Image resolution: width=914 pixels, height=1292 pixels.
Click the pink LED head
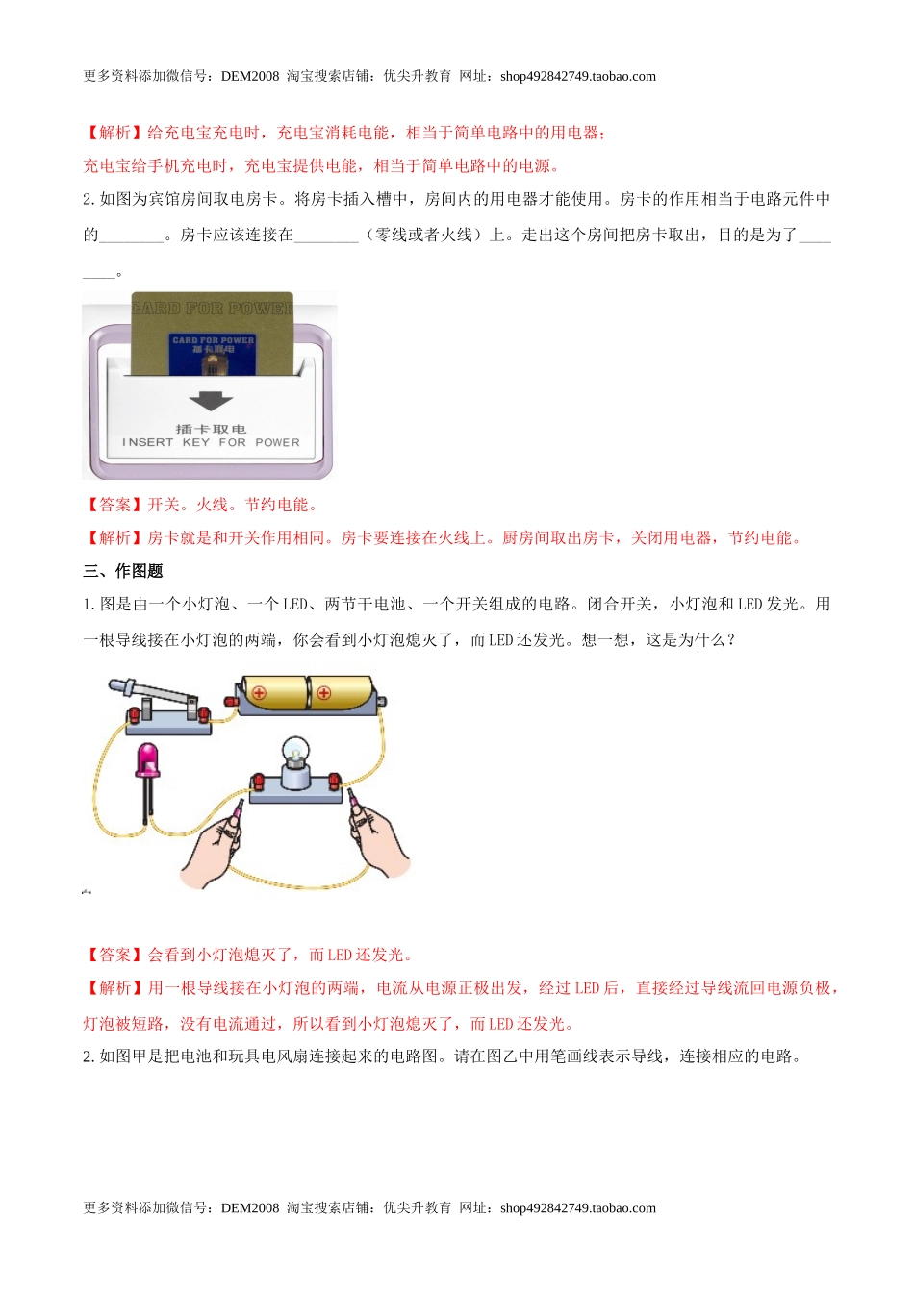pyautogui.click(x=148, y=759)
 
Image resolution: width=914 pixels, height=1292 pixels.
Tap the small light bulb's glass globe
pyautogui.click(x=294, y=751)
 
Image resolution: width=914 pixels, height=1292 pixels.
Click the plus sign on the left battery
pyautogui.click(x=259, y=692)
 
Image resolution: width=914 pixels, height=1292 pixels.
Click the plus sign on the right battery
pyautogui.click(x=323, y=692)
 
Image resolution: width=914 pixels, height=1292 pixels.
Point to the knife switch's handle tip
pyautogui.click(x=116, y=685)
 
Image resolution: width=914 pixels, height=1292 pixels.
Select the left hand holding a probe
pyautogui.click(x=216, y=850)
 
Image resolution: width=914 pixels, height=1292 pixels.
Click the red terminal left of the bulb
pyautogui.click(x=258, y=781)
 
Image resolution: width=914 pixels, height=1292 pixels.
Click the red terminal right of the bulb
pyautogui.click(x=334, y=781)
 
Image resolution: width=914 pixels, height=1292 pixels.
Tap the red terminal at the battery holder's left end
pyautogui.click(x=231, y=701)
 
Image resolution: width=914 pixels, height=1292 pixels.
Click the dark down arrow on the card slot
pyautogui.click(x=211, y=401)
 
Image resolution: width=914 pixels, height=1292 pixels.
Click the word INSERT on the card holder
pyautogui.click(x=147, y=443)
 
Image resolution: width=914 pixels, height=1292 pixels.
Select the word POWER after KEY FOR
pyautogui.click(x=277, y=443)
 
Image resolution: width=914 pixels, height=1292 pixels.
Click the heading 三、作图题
pyautogui.click(x=123, y=571)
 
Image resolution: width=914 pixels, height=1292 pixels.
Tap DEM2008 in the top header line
pyautogui.click(x=249, y=77)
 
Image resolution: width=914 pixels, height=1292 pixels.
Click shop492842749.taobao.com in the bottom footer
pyautogui.click(x=577, y=1208)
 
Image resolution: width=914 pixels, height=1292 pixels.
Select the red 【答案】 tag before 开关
pyautogui.click(x=114, y=505)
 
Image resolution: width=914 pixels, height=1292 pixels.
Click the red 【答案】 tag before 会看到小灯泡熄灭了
pyautogui.click(x=114, y=955)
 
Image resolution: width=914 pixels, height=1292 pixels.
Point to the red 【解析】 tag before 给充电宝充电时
pyautogui.click(x=114, y=133)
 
